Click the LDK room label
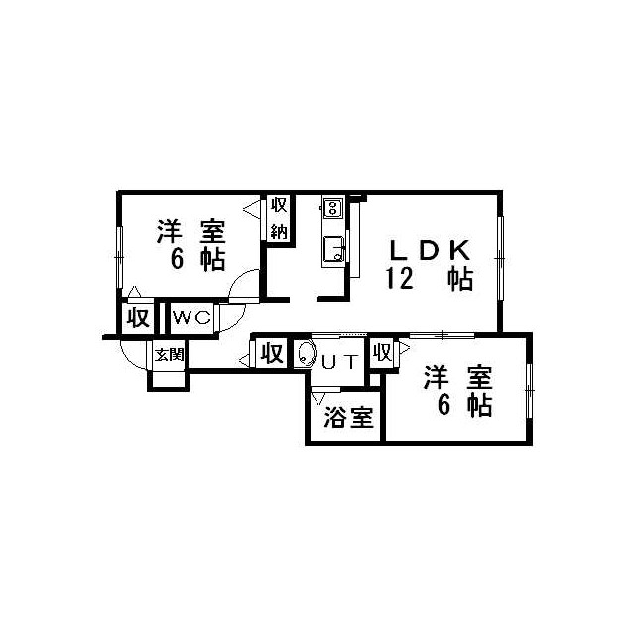(x=430, y=250)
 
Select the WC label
(x=191, y=317)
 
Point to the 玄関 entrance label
(x=170, y=355)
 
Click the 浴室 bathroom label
(x=348, y=417)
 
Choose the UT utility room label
(x=340, y=361)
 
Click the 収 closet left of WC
(x=138, y=317)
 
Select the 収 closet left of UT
(x=271, y=353)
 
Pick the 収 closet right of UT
(x=382, y=352)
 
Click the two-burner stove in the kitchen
(x=333, y=208)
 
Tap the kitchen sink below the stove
(x=334, y=249)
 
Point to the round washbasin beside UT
(x=307, y=355)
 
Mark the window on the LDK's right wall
(x=500, y=258)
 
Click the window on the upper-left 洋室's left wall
(x=119, y=257)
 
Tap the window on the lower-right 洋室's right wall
(x=529, y=390)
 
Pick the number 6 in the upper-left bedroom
(x=177, y=259)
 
